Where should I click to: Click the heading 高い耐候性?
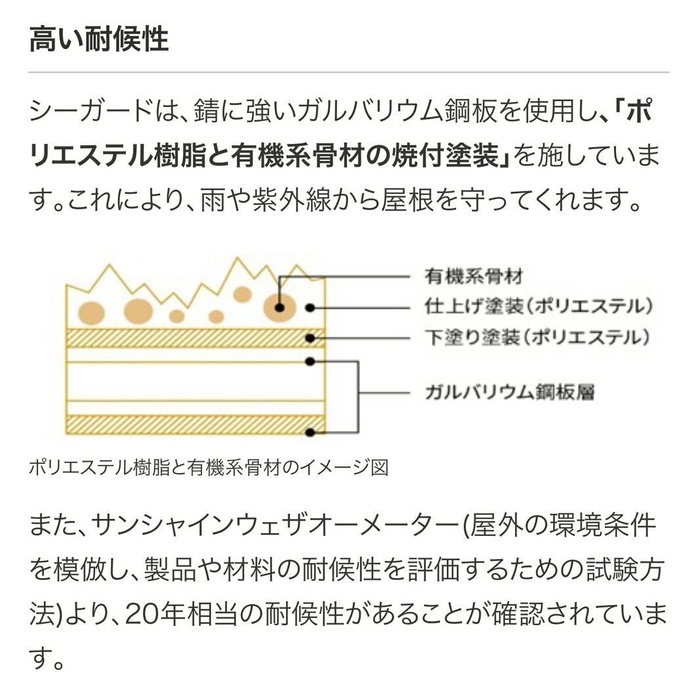[x=99, y=40]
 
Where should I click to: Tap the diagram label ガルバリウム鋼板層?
[x=510, y=393]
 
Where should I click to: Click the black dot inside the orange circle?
[x=280, y=307]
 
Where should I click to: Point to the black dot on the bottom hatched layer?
[x=312, y=432]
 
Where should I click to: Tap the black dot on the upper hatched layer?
[x=312, y=339]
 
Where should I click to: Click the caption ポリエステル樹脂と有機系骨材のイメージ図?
[x=209, y=468]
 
